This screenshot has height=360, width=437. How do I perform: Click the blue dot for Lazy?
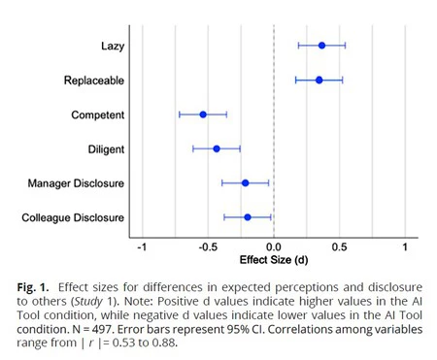tap(321, 45)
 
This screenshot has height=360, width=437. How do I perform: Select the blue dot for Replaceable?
tap(319, 80)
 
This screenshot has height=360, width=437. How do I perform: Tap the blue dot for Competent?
tap(203, 115)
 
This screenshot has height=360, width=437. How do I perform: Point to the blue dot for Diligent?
tap(217, 148)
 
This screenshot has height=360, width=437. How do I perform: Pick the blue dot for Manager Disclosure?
tap(245, 182)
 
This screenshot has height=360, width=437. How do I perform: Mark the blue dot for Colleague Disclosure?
tap(247, 217)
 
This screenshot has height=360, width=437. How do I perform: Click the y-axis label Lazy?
tap(111, 46)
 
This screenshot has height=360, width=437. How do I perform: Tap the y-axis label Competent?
tap(97, 115)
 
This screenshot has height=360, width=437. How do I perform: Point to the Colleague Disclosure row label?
tap(73, 217)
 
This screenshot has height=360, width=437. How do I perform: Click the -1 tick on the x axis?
tap(142, 247)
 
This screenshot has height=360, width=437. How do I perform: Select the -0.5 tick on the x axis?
tap(207, 247)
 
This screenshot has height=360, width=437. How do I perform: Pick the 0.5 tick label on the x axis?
tap(339, 247)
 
